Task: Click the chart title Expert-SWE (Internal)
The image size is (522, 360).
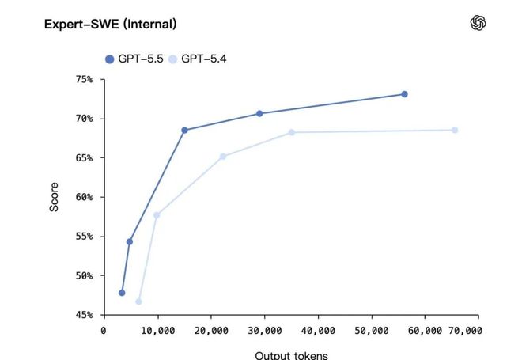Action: click(111, 25)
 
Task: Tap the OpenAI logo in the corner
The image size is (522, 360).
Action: click(478, 23)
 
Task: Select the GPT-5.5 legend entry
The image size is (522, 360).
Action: click(134, 59)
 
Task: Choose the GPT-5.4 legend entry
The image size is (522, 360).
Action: click(198, 59)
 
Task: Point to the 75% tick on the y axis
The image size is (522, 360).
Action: click(84, 79)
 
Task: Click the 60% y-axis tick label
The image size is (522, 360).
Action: click(84, 197)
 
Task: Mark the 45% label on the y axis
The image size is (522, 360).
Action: click(84, 315)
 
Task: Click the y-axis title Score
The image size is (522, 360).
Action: click(54, 197)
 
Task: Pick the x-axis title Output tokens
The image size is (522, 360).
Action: click(291, 354)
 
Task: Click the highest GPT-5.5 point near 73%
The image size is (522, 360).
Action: click(404, 94)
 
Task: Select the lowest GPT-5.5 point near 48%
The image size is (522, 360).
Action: click(122, 293)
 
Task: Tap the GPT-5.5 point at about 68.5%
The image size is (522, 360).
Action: click(184, 130)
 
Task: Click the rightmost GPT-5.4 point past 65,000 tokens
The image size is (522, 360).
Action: click(455, 130)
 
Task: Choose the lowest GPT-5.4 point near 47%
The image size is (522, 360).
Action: click(138, 301)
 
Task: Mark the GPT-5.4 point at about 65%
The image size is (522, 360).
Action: click(223, 157)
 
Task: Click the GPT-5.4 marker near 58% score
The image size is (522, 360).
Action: click(157, 215)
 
